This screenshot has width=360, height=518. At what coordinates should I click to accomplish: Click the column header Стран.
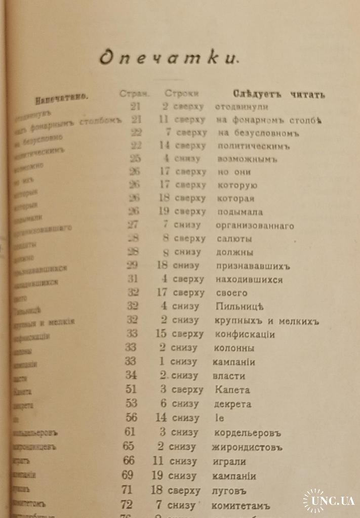coord(134,94)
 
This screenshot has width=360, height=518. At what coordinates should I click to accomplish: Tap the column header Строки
coord(181,93)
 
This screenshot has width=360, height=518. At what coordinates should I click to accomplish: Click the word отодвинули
coord(242,107)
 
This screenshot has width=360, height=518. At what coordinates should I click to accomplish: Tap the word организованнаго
coord(255,226)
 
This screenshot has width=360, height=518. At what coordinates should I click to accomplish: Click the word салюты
coord(234,239)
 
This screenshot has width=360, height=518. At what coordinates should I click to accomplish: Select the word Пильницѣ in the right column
coord(239,307)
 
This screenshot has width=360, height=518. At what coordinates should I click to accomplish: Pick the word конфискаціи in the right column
coord(245,334)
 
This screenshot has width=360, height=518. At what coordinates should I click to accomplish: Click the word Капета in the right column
coord(232,390)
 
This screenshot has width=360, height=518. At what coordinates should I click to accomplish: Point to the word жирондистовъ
coord(247,447)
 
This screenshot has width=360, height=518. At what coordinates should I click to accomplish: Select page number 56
coord(131,418)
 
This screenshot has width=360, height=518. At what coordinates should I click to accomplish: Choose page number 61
coord(130,432)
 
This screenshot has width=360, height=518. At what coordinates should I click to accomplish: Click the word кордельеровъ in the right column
coord(248,433)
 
